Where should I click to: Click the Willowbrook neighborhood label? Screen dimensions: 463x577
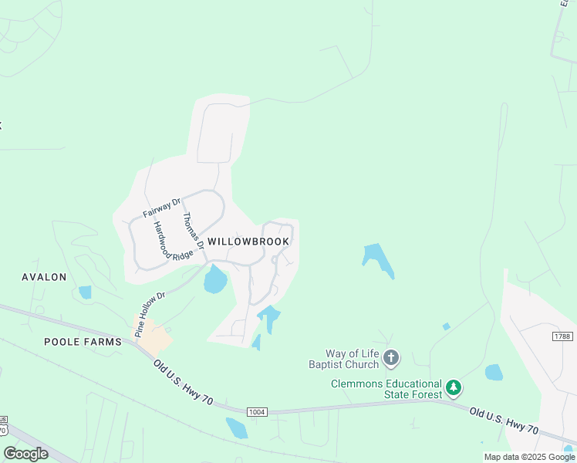click(248, 242)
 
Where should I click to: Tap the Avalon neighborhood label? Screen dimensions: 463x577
click(44, 277)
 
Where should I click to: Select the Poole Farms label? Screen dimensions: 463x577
click(83, 341)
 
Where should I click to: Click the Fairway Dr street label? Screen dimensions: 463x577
click(161, 208)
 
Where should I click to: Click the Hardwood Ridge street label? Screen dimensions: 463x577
click(171, 242)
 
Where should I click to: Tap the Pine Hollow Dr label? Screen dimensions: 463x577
click(150, 314)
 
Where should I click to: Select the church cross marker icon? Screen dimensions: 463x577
click(391, 358)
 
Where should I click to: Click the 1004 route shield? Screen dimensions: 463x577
click(258, 412)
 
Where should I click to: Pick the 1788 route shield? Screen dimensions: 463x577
click(562, 336)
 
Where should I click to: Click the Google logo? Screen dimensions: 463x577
click(25, 454)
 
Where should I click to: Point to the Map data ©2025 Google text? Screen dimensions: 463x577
click(529, 457)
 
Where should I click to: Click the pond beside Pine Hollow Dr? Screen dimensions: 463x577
click(215, 279)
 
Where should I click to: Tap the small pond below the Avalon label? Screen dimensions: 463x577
click(85, 292)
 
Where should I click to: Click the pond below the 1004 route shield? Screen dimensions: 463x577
click(236, 428)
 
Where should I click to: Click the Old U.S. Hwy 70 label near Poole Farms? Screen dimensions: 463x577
click(183, 383)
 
